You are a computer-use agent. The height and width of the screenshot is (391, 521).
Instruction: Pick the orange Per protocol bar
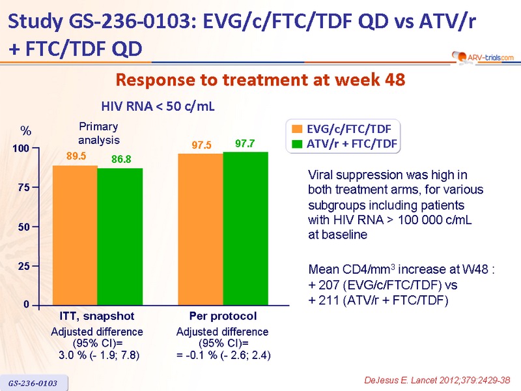(201, 229)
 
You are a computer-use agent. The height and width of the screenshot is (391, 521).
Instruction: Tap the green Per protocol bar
(246, 228)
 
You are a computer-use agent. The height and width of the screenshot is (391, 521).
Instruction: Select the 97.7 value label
(245, 143)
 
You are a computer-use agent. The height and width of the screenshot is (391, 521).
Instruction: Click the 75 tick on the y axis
(24, 188)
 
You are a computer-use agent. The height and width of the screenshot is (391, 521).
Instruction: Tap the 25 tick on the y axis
(24, 267)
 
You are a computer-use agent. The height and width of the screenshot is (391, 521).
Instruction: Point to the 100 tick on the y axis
(21, 149)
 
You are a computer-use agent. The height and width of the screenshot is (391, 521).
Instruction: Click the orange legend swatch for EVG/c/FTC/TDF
(298, 128)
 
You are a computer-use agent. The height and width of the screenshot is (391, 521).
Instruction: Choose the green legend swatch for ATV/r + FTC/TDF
(298, 143)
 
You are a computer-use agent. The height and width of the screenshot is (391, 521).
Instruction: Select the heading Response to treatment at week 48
(260, 80)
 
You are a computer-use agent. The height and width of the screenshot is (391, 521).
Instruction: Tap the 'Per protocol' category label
(223, 316)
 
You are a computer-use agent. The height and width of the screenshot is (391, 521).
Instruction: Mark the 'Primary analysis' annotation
(100, 134)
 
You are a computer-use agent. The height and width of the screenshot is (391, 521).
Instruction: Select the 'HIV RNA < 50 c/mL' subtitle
(158, 106)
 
